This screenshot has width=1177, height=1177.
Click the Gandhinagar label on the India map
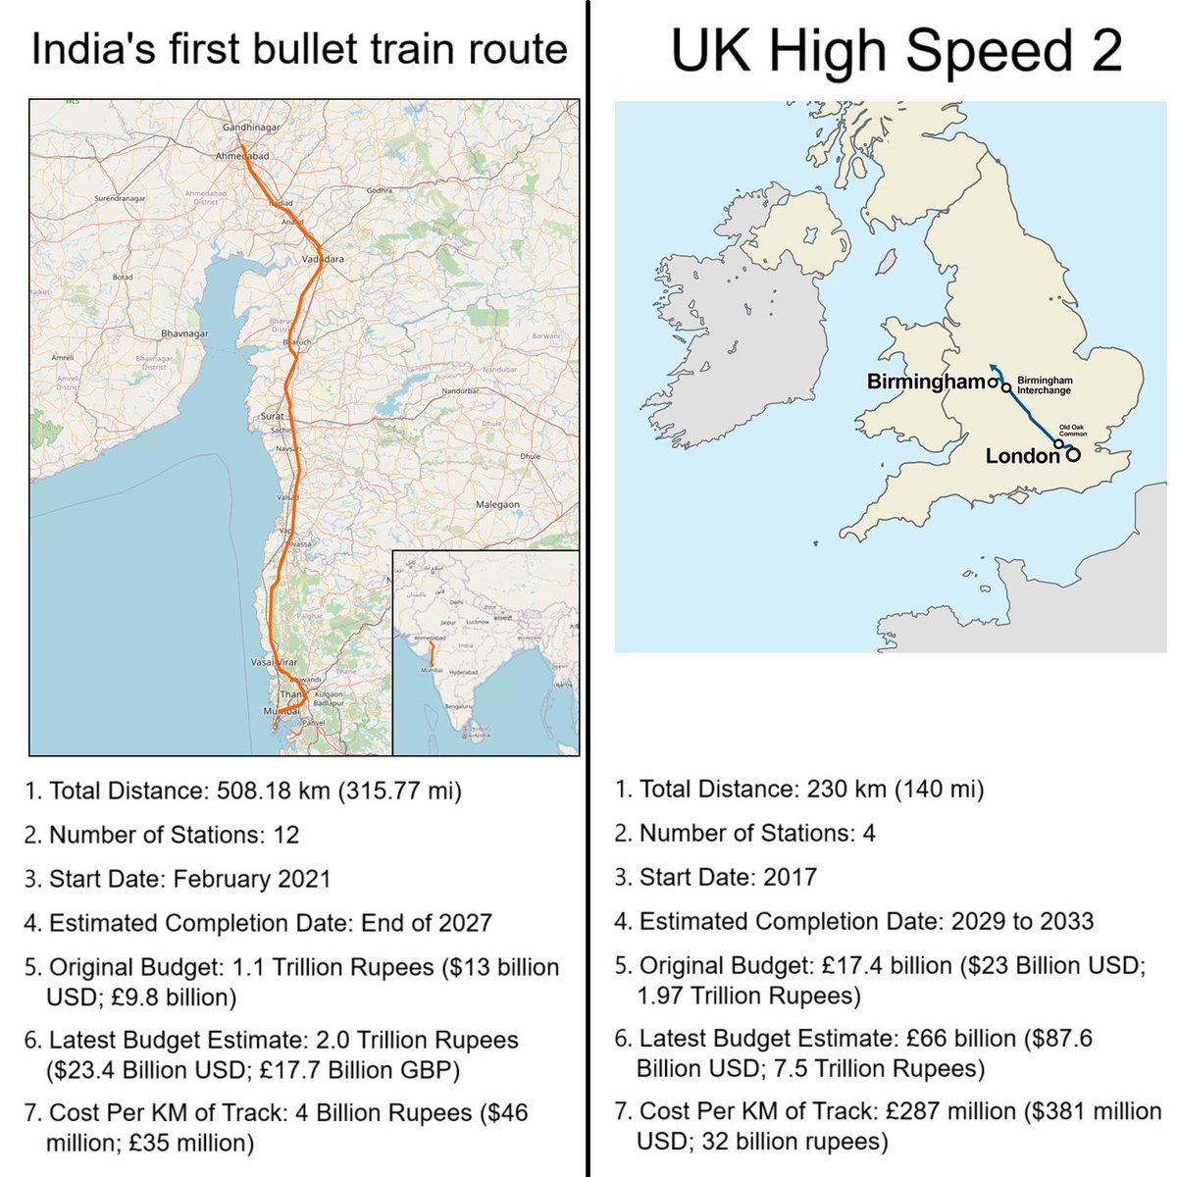[251, 128]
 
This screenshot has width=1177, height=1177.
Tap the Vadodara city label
[323, 259]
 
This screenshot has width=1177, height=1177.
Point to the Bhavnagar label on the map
[184, 333]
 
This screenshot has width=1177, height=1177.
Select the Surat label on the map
[272, 417]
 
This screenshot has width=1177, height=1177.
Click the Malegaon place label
[497, 504]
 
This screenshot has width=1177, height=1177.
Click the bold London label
[1022, 456]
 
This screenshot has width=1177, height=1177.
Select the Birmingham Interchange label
[1044, 384]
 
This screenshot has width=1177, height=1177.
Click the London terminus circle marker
[1073, 454]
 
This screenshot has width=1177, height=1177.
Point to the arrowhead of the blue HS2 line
[992, 367]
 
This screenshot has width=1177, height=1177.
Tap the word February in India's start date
[225, 879]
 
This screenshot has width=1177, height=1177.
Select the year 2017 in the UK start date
[790, 877]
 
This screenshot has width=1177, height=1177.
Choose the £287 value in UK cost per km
[908, 1111]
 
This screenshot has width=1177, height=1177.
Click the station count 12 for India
[286, 835]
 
